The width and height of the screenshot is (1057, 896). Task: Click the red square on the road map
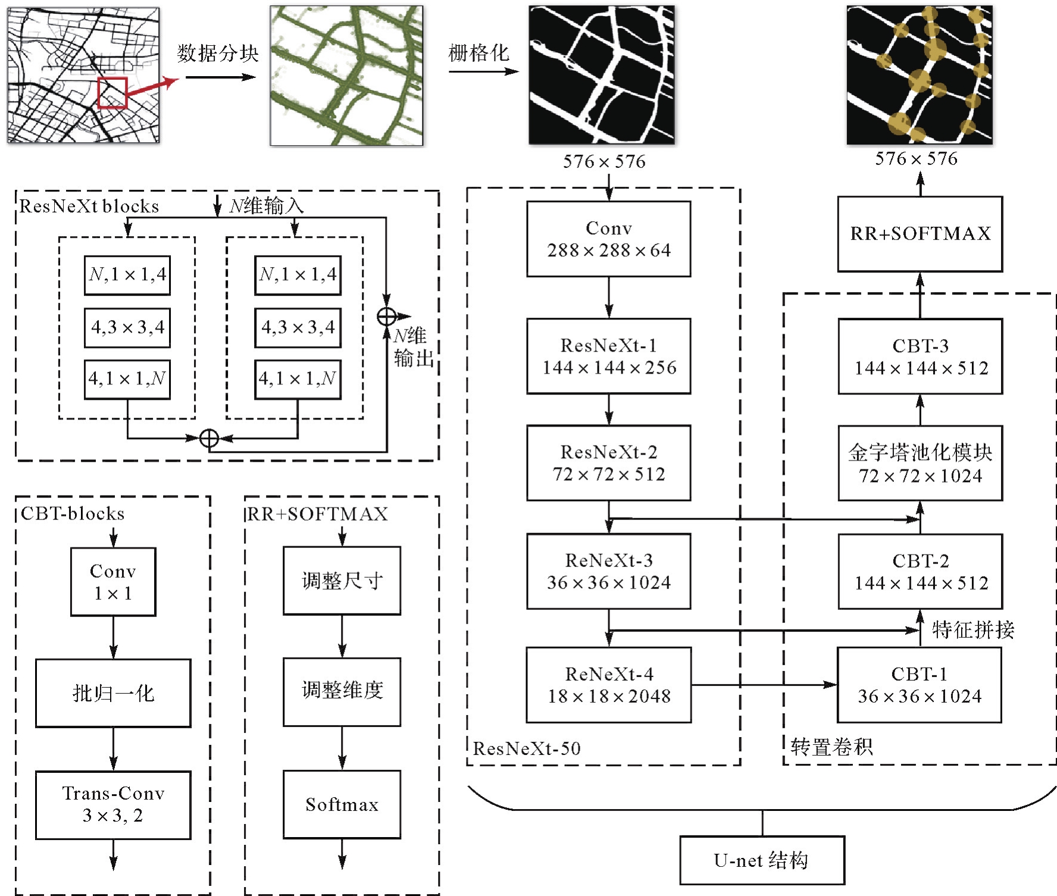[112, 93]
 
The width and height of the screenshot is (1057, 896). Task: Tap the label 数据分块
[218, 54]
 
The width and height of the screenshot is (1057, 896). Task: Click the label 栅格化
[479, 53]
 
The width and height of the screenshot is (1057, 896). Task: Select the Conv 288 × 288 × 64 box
[608, 239]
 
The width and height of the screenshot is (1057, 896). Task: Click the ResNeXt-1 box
[608, 356]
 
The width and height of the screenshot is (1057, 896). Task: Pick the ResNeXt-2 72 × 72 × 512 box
[608, 462]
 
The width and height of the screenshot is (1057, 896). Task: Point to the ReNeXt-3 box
[608, 571]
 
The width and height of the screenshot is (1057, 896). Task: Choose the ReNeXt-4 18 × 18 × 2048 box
[608, 684]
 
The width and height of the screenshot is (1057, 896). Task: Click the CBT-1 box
[919, 684]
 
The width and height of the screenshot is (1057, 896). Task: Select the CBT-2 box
[920, 571]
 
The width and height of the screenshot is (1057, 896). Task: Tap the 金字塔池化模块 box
[920, 463]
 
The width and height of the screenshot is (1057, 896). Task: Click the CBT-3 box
[920, 356]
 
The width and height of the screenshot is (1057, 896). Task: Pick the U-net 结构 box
[762, 860]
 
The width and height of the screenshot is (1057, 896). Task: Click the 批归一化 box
[113, 693]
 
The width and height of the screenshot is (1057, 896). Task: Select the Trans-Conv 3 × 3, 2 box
[113, 804]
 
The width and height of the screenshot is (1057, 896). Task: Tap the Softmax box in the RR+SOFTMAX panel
[342, 804]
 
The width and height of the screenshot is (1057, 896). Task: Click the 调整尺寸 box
[342, 580]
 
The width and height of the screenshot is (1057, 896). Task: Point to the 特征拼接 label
[972, 629]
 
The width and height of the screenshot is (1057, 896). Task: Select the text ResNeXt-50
[527, 748]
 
